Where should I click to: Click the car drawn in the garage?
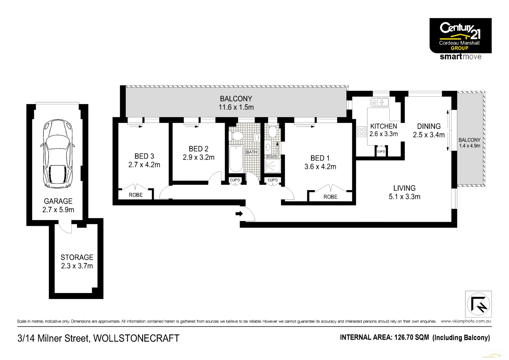click(58, 153)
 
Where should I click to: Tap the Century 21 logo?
click(460, 36)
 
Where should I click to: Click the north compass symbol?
click(478, 304)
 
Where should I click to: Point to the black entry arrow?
click(239, 213)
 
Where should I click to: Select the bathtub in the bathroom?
click(236, 159)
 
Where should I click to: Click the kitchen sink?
click(380, 102)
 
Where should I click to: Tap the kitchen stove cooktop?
click(361, 132)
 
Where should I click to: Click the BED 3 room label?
click(144, 156)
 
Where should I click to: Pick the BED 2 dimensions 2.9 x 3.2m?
click(199, 157)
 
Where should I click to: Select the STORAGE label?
click(77, 257)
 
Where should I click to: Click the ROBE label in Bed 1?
click(330, 197)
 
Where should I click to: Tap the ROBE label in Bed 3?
click(136, 195)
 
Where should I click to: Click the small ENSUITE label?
click(272, 156)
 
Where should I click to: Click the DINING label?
click(429, 127)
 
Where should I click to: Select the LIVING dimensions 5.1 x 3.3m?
click(404, 197)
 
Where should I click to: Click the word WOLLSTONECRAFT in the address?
click(136, 338)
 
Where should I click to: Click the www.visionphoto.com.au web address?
click(466, 321)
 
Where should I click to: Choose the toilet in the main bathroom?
click(237, 136)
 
